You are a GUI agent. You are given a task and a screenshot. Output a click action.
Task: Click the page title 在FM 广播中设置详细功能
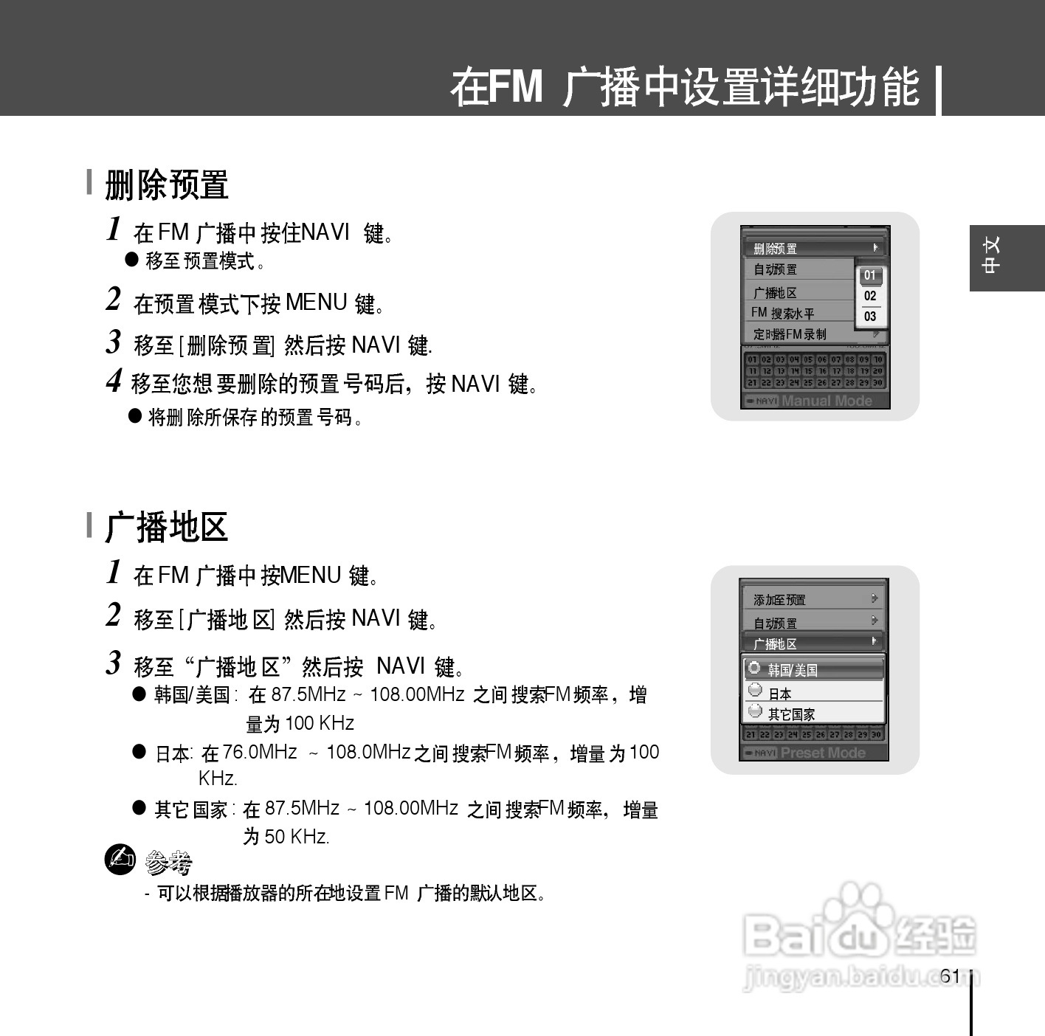tap(685, 87)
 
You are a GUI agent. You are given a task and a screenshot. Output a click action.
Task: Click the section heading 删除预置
tap(167, 184)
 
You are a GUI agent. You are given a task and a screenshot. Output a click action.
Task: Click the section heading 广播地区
tap(167, 527)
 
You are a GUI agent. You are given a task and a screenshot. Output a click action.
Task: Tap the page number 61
tap(950, 976)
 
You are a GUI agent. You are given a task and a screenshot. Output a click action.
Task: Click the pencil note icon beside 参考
tap(120, 860)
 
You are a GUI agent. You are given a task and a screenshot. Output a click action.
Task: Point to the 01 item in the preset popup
tap(870, 275)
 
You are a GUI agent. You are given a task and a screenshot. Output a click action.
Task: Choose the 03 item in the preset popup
tap(870, 317)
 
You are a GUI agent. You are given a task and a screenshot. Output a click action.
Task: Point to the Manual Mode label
tap(827, 401)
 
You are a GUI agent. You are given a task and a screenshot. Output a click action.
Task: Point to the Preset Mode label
tap(823, 753)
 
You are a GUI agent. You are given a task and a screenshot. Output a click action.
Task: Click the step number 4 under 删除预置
tap(114, 381)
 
